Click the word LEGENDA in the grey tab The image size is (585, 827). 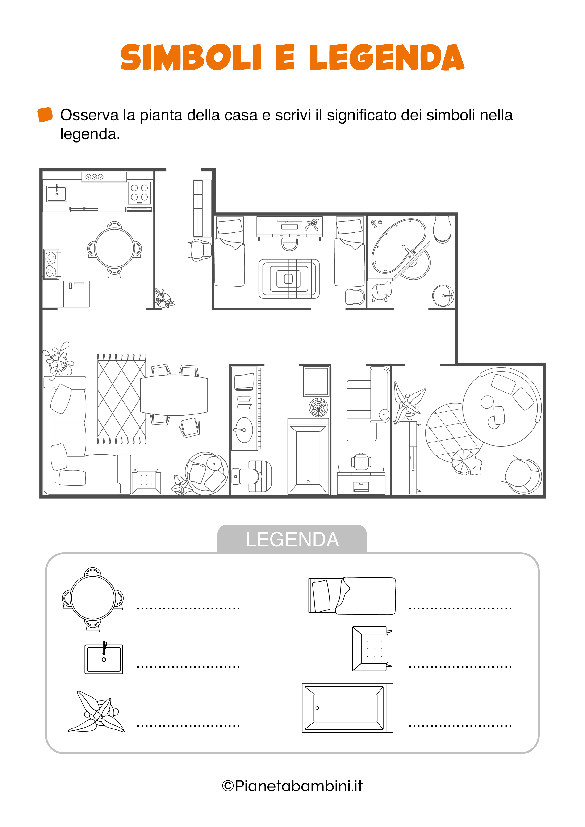[292, 540]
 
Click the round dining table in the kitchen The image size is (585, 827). [115, 248]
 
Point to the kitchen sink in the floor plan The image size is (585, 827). [57, 193]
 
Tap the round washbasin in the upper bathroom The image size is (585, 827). [443, 296]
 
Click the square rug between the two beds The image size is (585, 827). [289, 279]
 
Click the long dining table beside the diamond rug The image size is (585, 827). [174, 395]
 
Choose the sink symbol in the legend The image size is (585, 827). [104, 658]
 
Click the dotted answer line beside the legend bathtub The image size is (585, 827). [460, 726]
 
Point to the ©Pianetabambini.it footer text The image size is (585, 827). [292, 786]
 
